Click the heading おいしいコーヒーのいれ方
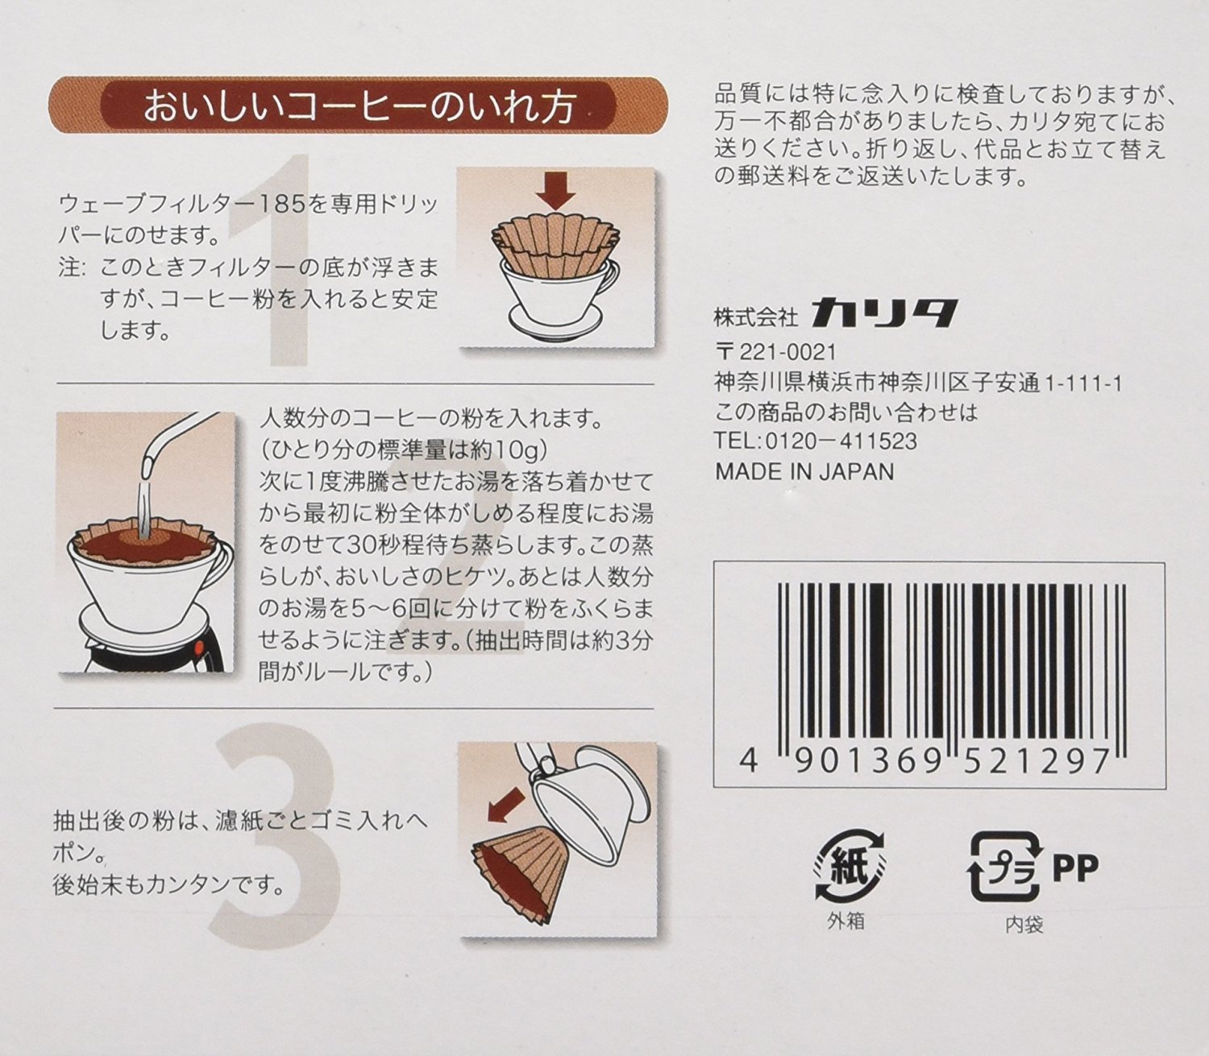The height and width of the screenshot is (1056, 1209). [x=359, y=106]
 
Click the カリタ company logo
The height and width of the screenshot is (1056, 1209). [x=884, y=313]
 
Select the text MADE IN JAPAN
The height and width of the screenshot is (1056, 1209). [x=804, y=471]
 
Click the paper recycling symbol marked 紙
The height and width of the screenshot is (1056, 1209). [x=848, y=866]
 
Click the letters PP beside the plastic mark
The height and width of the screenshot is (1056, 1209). [x=1075, y=868]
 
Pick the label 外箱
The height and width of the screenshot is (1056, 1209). [x=846, y=921]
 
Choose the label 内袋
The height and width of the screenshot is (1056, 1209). [x=1024, y=925]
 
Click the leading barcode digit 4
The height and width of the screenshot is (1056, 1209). [x=749, y=760]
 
